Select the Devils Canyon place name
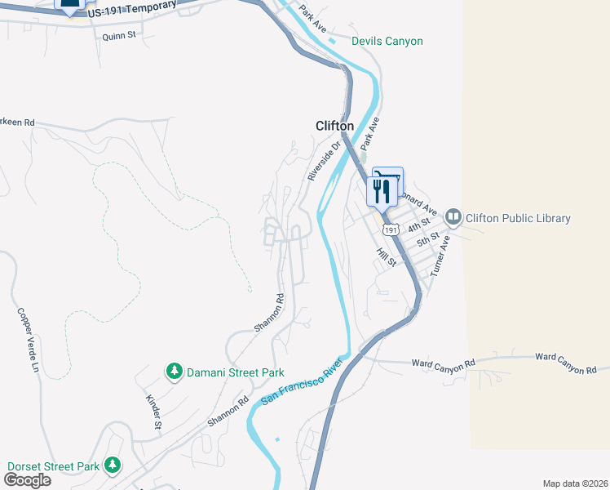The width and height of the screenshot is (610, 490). click(x=387, y=41)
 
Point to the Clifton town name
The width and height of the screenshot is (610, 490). click(x=334, y=126)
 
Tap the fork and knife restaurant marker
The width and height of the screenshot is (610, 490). click(x=381, y=192)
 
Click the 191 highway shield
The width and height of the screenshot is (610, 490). click(x=391, y=231)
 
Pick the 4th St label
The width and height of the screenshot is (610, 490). click(x=419, y=225)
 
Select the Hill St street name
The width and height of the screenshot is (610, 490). click(x=386, y=258)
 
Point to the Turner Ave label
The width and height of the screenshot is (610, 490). click(x=440, y=255)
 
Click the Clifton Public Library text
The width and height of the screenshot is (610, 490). click(x=517, y=218)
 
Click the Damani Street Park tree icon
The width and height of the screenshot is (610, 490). click(x=174, y=372)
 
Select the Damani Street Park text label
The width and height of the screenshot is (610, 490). click(x=235, y=372)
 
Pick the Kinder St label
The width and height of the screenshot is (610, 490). click(x=152, y=412)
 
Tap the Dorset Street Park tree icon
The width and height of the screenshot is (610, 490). click(x=113, y=466)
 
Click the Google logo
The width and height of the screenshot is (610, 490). click(x=27, y=479)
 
